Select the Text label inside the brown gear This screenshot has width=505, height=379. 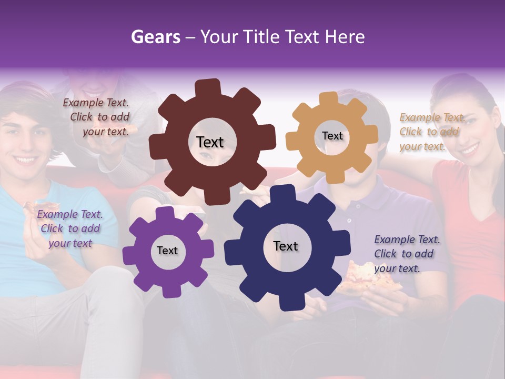pos(210,142)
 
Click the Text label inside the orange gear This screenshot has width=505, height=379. pos(332,136)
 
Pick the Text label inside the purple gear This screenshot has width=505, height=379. pos(167,251)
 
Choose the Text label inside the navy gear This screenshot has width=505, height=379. pos(286,246)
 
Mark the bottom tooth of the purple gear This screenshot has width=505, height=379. pos(169,291)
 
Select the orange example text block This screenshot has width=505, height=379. pos(431,132)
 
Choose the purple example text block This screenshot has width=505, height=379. pos(70,228)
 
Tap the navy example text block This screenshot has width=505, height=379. pos(407,254)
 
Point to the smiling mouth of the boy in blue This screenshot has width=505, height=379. pos(25,158)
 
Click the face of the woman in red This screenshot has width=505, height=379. pos(459,126)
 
